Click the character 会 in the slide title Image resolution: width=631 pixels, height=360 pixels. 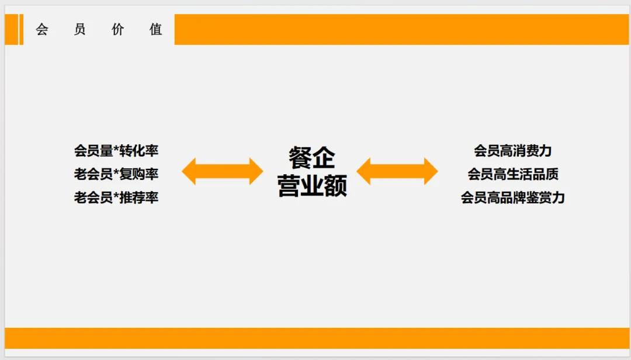41,30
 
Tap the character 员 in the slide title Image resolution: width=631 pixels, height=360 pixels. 80,30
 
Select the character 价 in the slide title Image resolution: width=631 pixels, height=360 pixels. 118,30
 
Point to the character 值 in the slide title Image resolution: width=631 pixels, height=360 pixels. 156,30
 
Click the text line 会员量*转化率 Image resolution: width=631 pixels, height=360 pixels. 116,151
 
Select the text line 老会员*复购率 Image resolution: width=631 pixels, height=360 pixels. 116,174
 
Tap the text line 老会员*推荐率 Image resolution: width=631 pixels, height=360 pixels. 116,198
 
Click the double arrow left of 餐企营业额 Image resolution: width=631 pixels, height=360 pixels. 223,171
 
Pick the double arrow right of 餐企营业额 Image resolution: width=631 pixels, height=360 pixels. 397,171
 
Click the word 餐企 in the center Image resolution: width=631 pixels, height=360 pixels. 312,158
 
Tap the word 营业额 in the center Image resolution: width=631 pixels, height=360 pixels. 312,186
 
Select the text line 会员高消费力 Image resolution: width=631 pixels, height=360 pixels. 512,151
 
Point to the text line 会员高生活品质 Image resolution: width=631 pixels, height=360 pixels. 512,174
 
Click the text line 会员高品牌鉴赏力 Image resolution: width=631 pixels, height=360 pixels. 512,198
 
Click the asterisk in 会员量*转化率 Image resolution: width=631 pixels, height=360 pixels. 116,150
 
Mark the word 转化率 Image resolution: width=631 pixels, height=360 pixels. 139,151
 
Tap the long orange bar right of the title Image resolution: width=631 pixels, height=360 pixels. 401,30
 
